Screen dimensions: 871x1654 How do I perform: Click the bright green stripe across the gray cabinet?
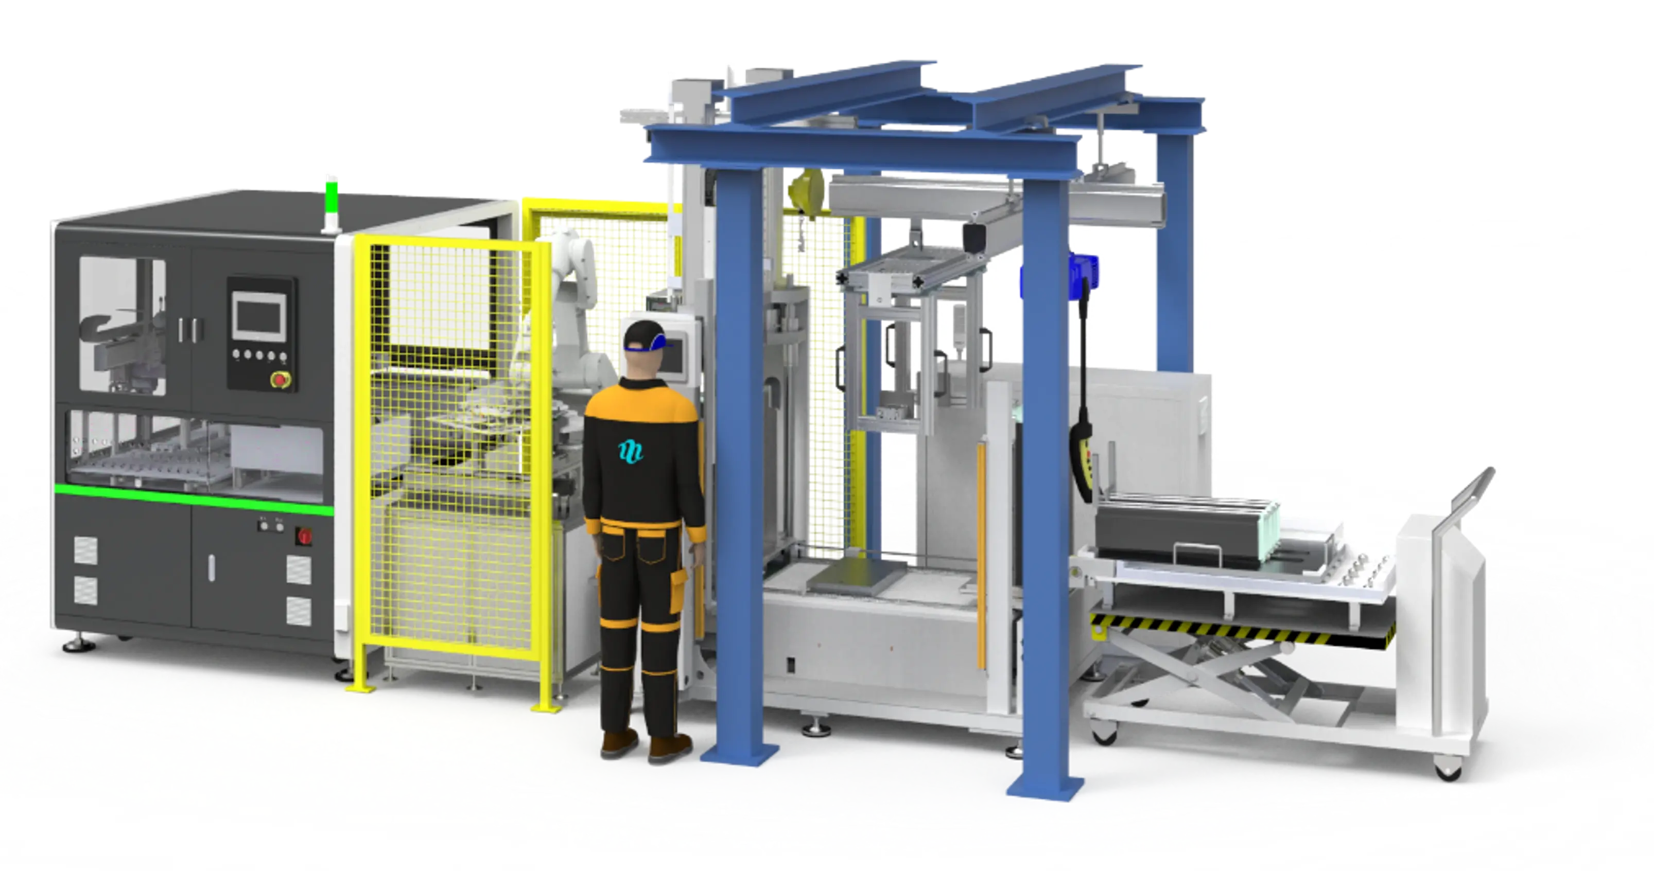(x=193, y=498)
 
